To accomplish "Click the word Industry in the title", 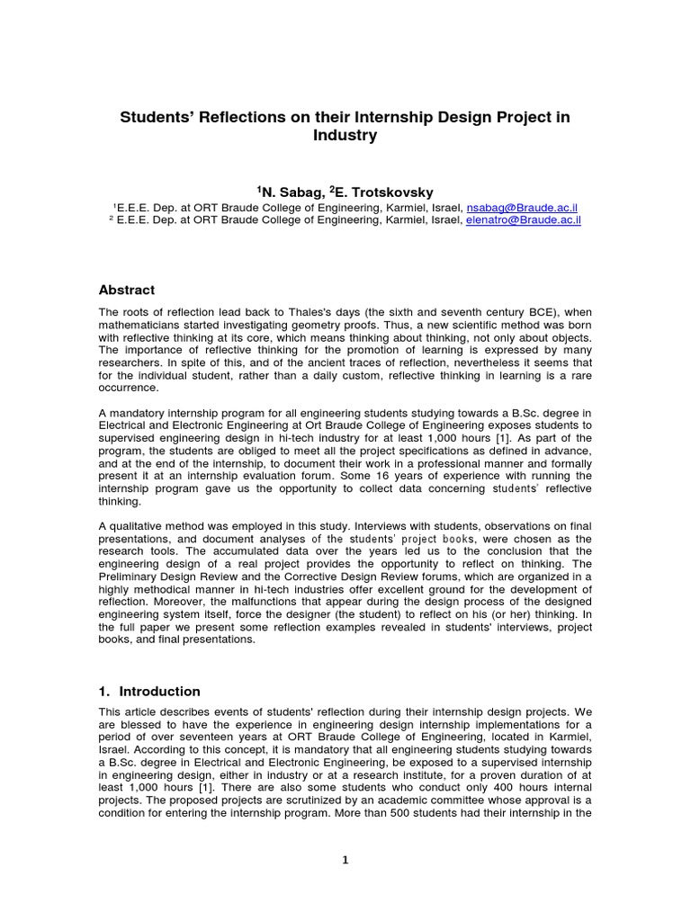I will (345, 137).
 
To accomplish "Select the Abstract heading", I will (126, 290).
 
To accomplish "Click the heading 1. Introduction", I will (148, 692).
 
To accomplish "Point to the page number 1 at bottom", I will (345, 860).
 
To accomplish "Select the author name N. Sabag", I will (289, 192).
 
